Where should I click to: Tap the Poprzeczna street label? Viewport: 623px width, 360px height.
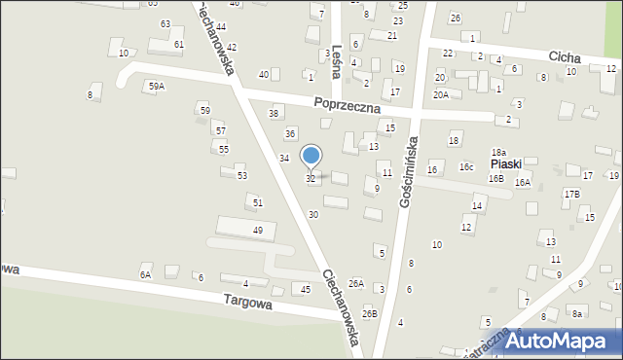(347, 105)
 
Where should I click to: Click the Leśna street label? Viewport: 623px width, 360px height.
(339, 60)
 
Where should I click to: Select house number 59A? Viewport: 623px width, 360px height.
(156, 87)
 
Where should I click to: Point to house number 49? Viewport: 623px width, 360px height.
(258, 230)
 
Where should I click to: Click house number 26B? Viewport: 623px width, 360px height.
(369, 313)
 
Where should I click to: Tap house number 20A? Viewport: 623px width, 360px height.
(441, 94)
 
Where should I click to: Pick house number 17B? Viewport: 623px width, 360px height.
(571, 195)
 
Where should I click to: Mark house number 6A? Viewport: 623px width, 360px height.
(145, 275)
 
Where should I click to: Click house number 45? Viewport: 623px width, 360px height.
(306, 289)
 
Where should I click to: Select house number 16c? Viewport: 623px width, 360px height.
(467, 167)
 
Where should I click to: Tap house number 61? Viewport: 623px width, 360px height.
(179, 45)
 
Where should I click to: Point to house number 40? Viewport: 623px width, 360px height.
(264, 75)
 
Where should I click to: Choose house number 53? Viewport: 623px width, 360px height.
(242, 175)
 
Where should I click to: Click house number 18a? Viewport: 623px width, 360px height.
(498, 153)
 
